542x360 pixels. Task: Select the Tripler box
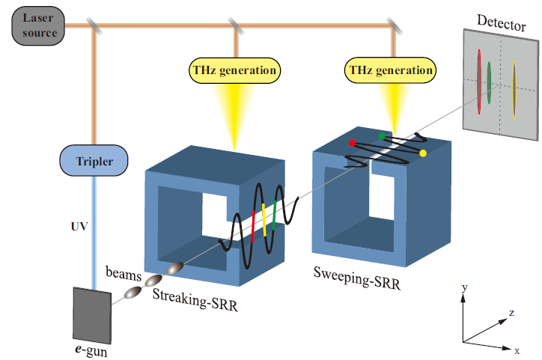[x=93, y=160]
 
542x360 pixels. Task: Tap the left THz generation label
[x=234, y=71]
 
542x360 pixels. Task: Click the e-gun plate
[x=91, y=314]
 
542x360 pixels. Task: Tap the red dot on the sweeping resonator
[x=353, y=142]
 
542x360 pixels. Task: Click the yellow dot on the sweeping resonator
[x=423, y=153]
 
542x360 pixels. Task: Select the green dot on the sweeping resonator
[x=383, y=136]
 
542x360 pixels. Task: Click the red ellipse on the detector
[x=478, y=76]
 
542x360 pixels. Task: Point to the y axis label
[x=466, y=287]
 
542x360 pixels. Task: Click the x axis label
[x=517, y=350]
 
